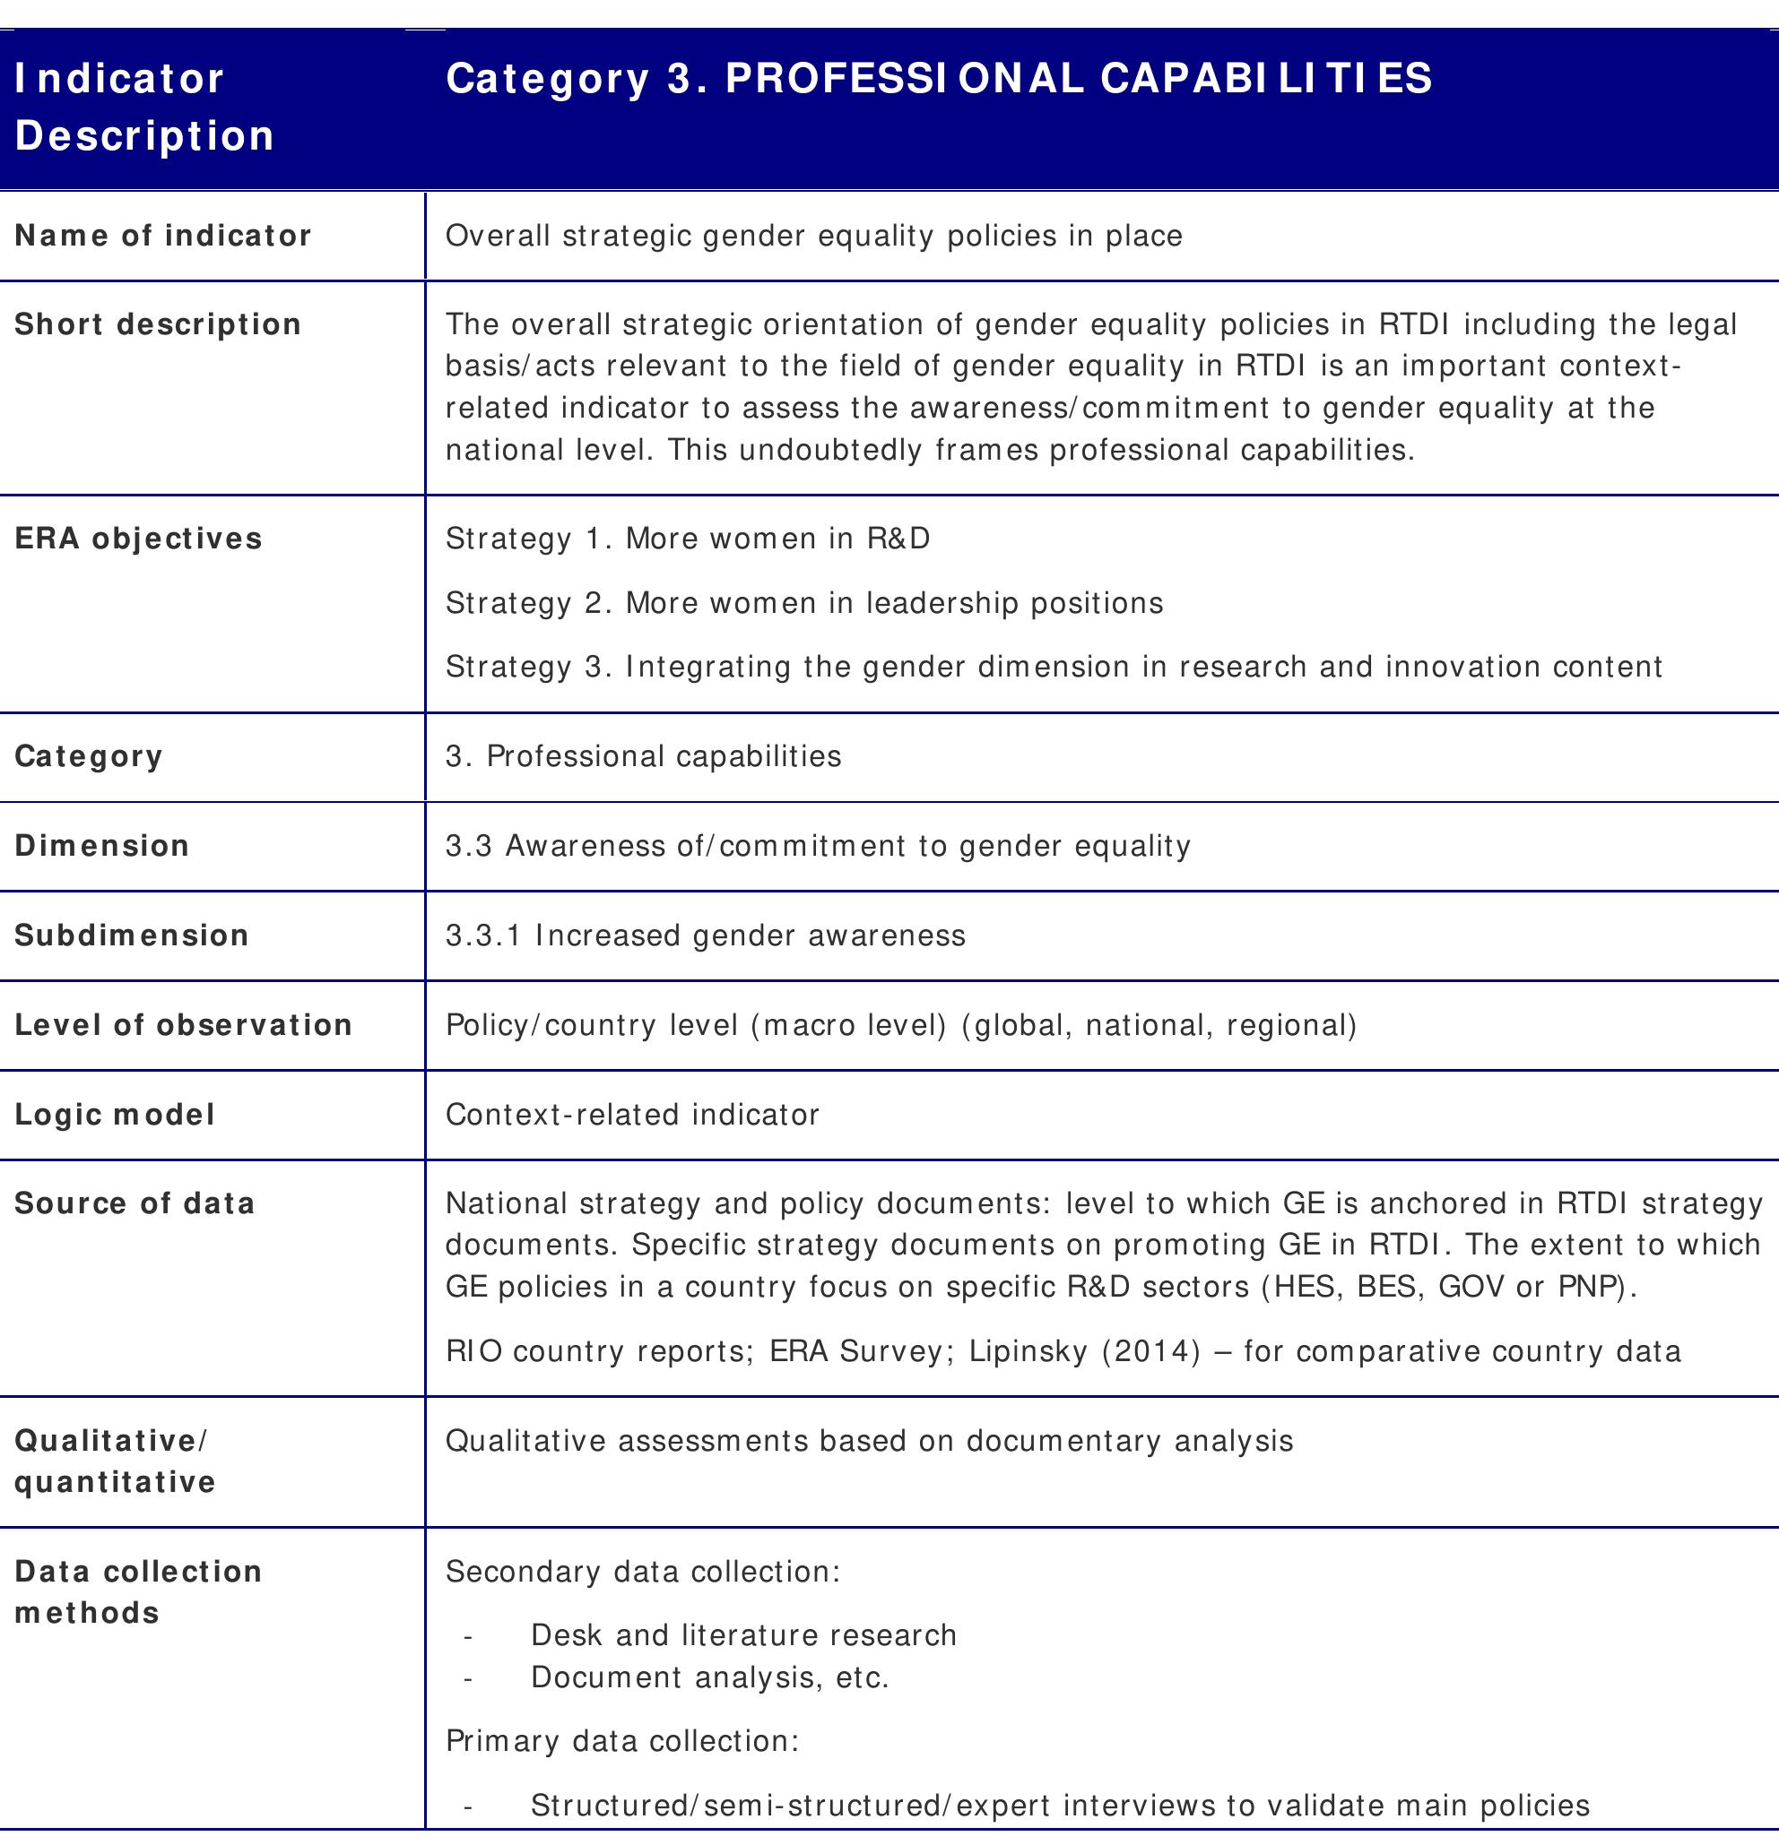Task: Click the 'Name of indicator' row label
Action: pyautogui.click(x=163, y=236)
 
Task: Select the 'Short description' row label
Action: pyautogui.click(x=158, y=323)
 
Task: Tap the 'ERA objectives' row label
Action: pyautogui.click(x=138, y=539)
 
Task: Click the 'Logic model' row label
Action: pyautogui.click(x=115, y=1115)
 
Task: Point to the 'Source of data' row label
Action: pyautogui.click(x=135, y=1203)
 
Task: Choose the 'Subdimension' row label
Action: pyautogui.click(x=132, y=935)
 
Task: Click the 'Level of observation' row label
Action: pyautogui.click(x=184, y=1024)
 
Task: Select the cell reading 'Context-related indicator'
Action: pyautogui.click(x=632, y=1115)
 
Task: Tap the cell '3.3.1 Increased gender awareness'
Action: pyautogui.click(x=706, y=935)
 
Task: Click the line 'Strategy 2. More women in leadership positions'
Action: pyautogui.click(x=804, y=602)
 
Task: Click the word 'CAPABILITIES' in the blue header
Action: pyautogui.click(x=1266, y=78)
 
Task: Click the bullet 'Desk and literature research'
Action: pyautogui.click(x=743, y=1635)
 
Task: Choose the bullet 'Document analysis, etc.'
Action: pyautogui.click(x=710, y=1677)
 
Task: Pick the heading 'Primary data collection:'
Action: pyautogui.click(x=621, y=1740)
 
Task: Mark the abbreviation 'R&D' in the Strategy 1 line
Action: pyautogui.click(x=898, y=539)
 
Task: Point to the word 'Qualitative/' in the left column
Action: pyautogui.click(x=111, y=1440)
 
